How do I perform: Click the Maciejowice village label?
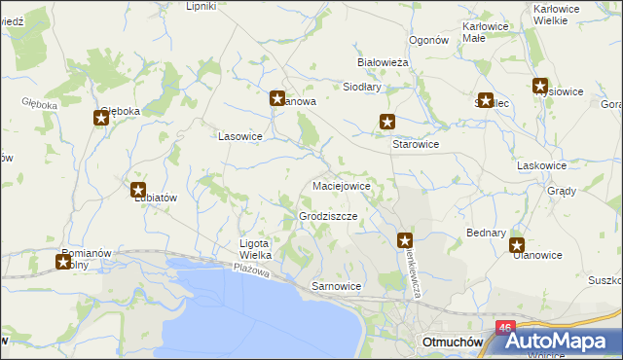point(341,185)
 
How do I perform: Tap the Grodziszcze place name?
point(328,216)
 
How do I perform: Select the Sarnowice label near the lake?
point(336,287)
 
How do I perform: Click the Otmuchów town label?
point(451,342)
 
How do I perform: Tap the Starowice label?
point(416,144)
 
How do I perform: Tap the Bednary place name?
point(487,234)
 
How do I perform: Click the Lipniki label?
point(202,6)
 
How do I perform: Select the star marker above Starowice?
point(387,123)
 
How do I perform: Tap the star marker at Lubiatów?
point(138,190)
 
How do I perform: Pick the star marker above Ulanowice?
point(517,246)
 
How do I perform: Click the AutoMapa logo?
point(564,342)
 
